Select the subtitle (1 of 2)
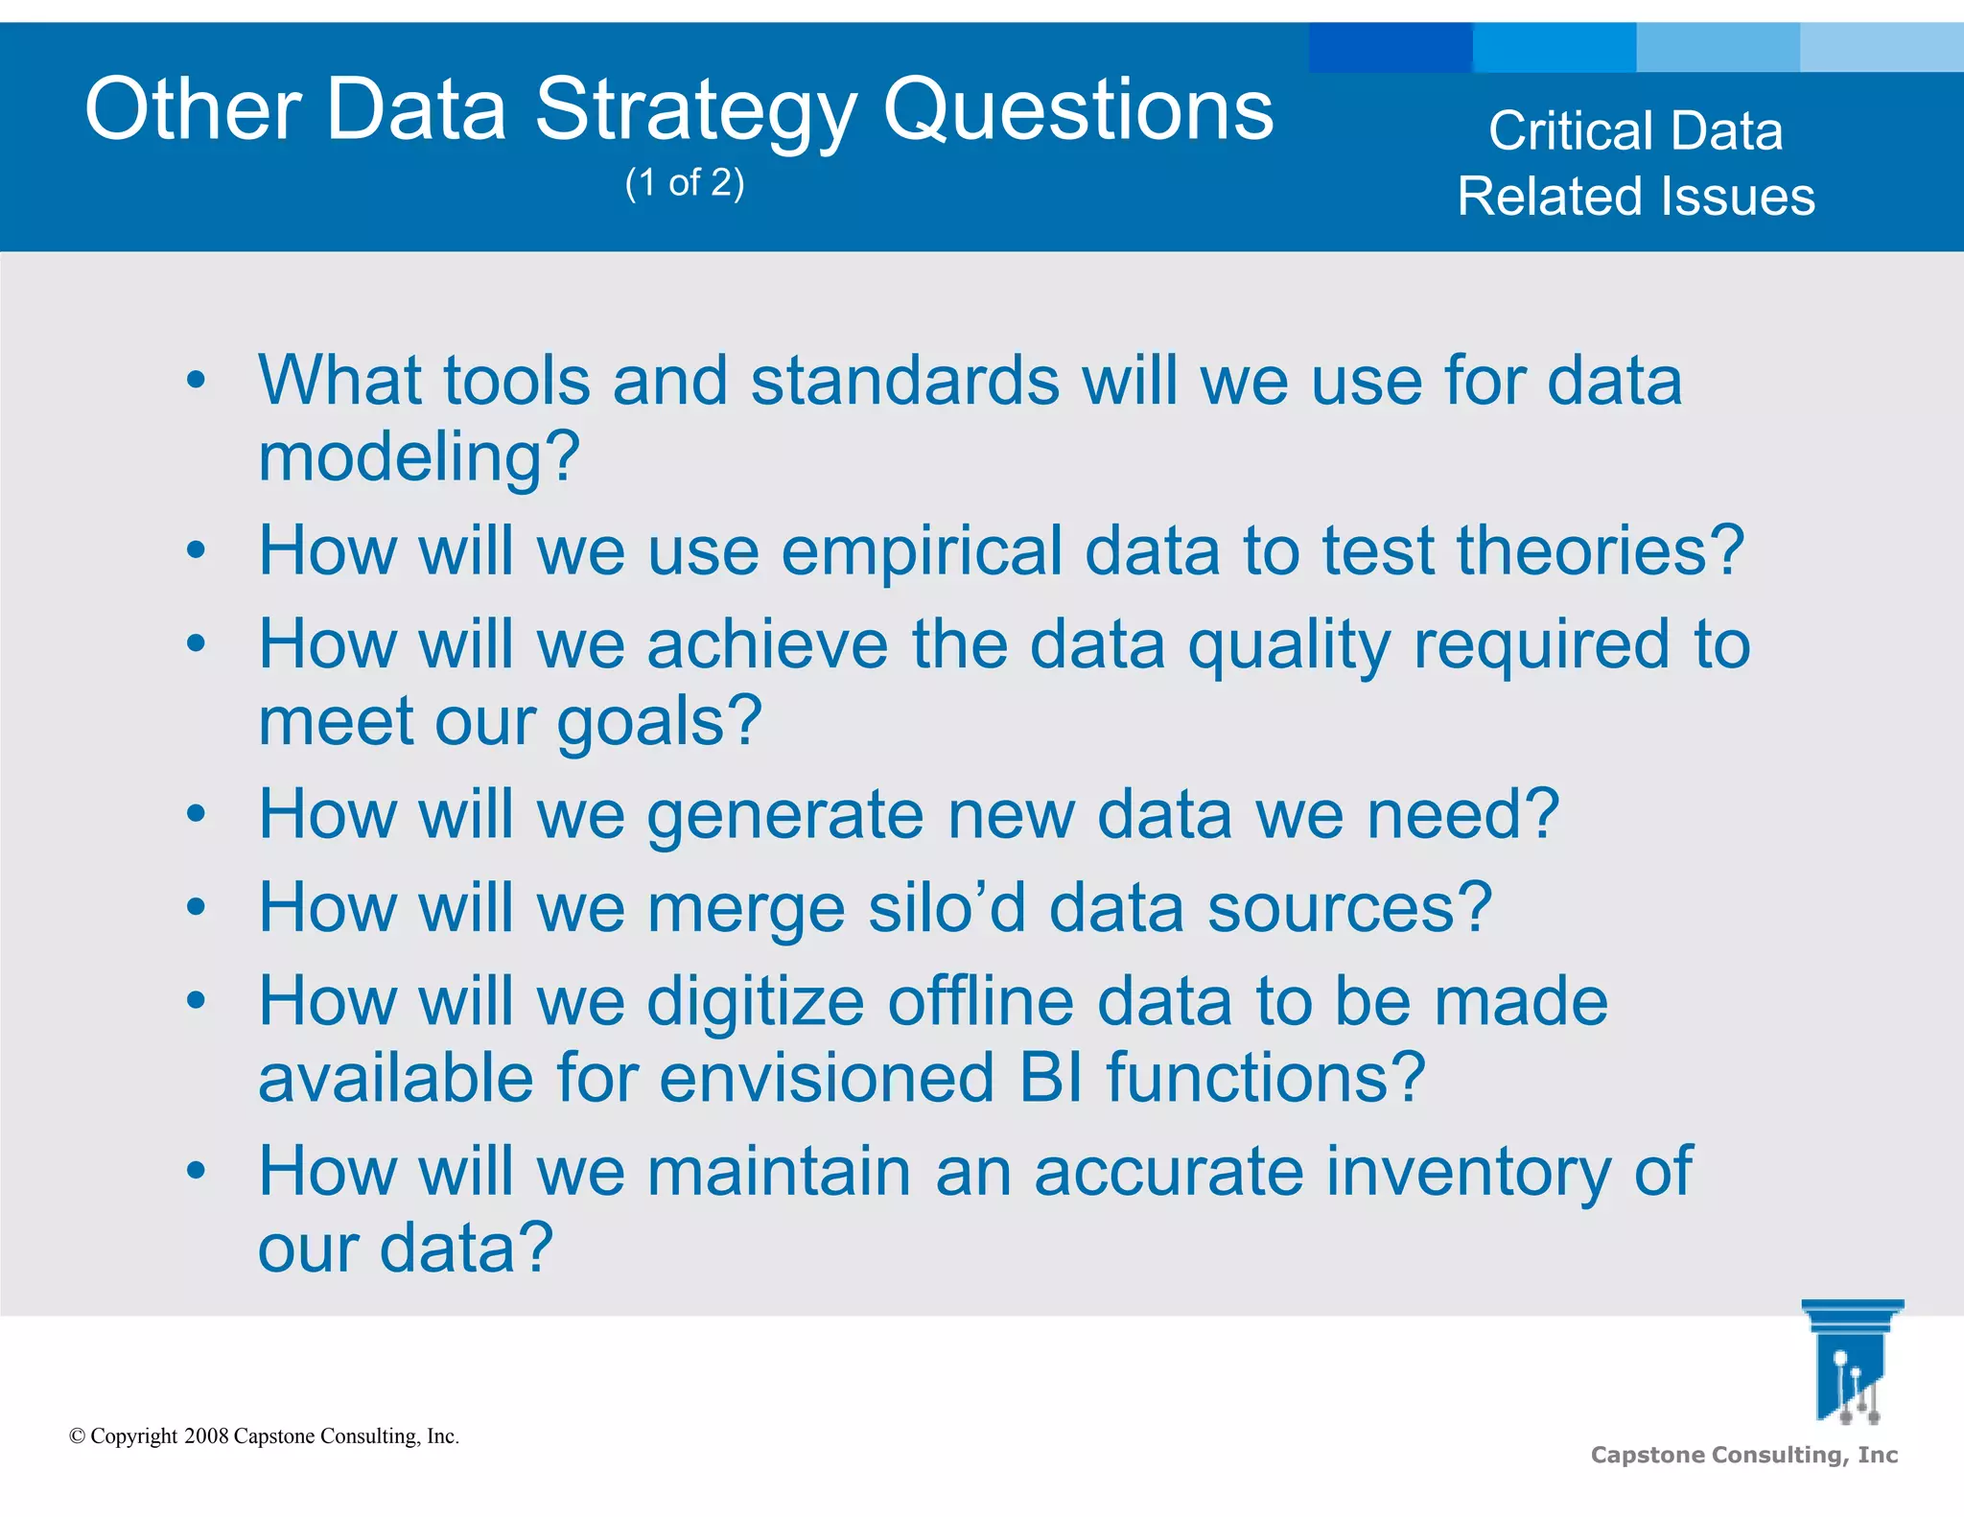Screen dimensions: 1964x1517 click(x=685, y=182)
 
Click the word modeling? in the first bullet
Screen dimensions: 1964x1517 click(x=419, y=457)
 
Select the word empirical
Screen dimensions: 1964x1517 click(x=922, y=551)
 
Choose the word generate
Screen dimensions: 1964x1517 click(x=785, y=816)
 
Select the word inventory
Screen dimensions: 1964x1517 click(x=1467, y=1172)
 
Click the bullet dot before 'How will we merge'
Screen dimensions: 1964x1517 click(x=197, y=907)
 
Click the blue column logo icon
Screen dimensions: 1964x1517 click(x=1851, y=1362)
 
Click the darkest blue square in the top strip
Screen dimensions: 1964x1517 click(x=1390, y=47)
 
